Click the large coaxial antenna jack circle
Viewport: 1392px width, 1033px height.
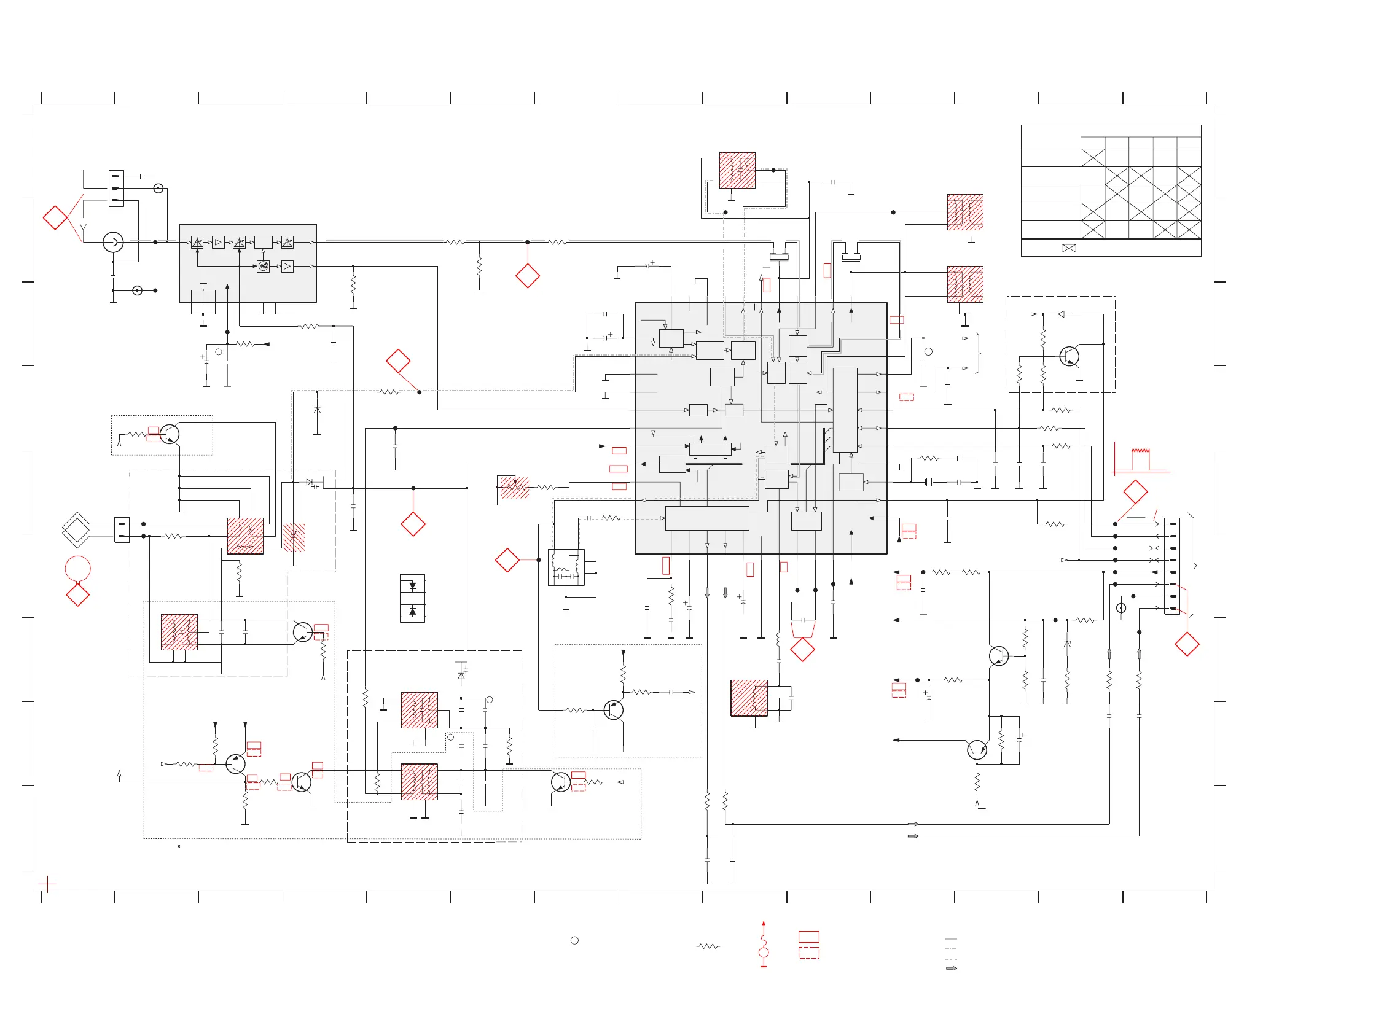(112, 242)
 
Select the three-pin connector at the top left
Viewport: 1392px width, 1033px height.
(115, 187)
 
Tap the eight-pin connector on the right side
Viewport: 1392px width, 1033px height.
(1172, 566)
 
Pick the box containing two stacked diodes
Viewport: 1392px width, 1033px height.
(412, 598)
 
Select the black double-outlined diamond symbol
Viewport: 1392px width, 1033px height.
(77, 529)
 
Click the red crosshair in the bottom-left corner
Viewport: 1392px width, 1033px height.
(47, 884)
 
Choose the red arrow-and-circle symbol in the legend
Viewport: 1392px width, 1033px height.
(764, 944)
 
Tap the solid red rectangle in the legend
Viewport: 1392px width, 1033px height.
(808, 937)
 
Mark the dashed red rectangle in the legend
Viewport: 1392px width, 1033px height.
(808, 953)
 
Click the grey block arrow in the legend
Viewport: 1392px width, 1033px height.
(951, 969)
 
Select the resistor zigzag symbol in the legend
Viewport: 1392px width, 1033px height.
(708, 946)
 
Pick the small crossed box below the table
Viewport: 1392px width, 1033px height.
(1069, 248)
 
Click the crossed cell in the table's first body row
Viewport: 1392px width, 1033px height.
(1092, 158)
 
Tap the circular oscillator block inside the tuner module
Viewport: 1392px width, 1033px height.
(264, 267)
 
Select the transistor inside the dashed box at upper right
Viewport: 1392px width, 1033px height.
(1069, 356)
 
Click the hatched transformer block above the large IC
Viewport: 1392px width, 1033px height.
(737, 170)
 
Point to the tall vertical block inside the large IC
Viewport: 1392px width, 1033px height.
(845, 410)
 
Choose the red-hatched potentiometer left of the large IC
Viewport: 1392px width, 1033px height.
(515, 487)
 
